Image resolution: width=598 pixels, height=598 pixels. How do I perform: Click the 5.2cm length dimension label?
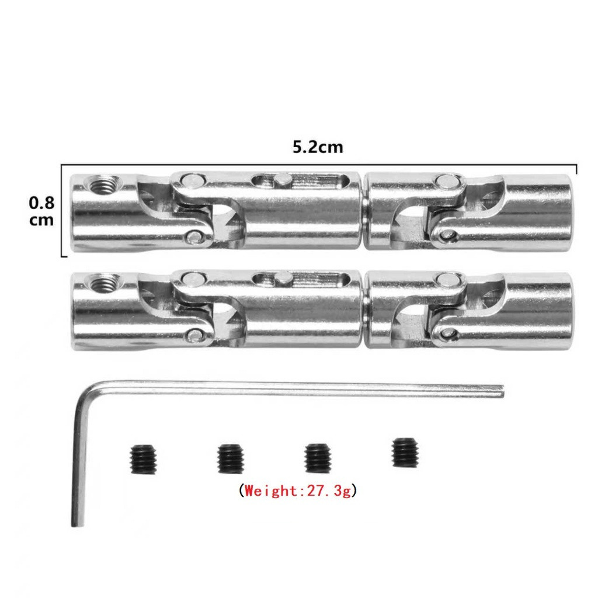318,147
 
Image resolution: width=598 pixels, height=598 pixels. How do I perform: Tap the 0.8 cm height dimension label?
41,211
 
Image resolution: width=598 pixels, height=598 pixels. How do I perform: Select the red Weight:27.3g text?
298,491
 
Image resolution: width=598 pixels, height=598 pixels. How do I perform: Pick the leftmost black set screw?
144,460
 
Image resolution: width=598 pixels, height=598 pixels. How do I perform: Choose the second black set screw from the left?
230,458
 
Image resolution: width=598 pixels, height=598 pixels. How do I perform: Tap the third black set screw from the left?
318,458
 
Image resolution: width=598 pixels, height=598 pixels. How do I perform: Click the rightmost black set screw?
405,453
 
